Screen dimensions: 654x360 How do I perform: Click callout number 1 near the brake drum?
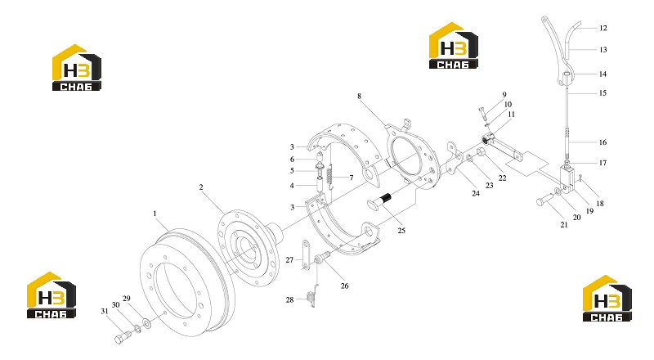coord(155,214)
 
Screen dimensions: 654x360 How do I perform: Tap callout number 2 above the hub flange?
coord(201,187)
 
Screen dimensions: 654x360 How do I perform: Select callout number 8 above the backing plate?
coord(359,96)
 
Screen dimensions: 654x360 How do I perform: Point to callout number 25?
coord(401,231)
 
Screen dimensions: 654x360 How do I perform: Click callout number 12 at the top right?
coord(602,28)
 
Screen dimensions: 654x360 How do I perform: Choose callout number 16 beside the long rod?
coord(602,142)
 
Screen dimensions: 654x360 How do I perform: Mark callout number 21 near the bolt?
coord(564,225)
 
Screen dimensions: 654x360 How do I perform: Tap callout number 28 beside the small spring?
coord(290,299)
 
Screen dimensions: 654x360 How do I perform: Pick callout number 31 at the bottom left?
coord(105,311)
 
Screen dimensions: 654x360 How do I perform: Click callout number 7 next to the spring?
coord(352,178)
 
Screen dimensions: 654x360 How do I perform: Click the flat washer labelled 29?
coord(147,322)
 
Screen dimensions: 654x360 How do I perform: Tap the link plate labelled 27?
coord(306,254)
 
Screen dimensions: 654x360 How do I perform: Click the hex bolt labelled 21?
coord(544,200)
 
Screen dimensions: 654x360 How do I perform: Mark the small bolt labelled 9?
coord(482,113)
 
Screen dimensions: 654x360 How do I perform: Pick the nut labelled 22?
coord(480,152)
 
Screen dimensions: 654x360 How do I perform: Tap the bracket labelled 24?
coord(454,159)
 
